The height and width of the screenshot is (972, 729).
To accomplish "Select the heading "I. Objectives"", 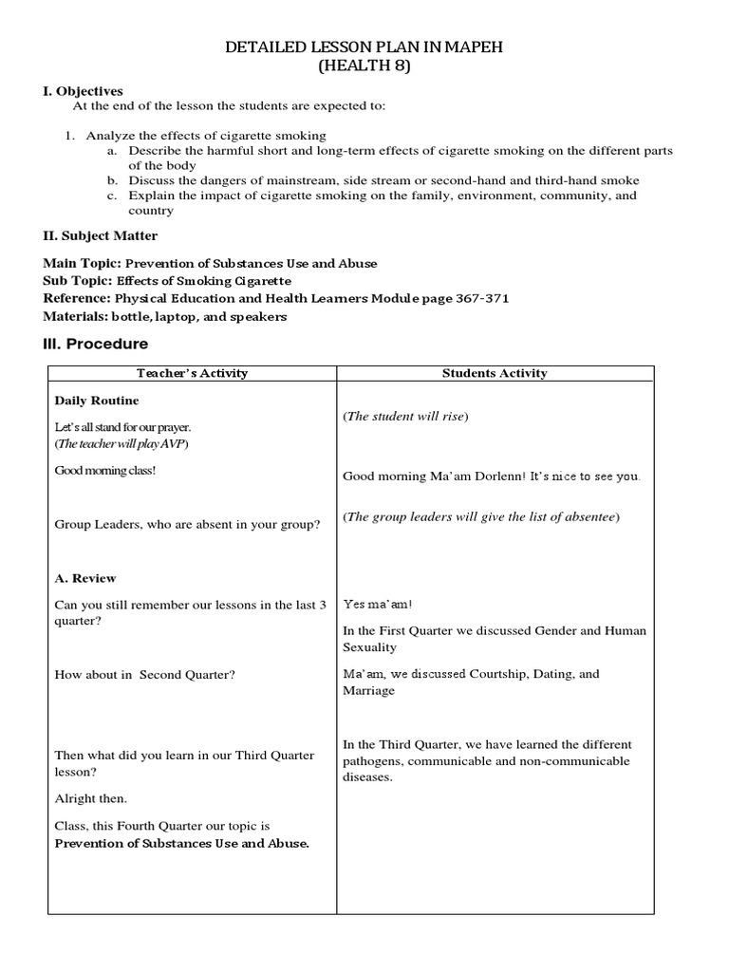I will pos(84,91).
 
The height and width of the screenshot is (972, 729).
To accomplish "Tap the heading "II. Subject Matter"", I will pos(101,235).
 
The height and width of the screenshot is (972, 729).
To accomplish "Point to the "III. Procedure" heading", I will pos(96,344).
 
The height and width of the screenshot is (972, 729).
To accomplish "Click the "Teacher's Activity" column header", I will pos(192,373).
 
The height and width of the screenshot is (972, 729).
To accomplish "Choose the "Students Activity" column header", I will pos(495,373).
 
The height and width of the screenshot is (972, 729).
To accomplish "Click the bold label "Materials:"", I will pos(76,316).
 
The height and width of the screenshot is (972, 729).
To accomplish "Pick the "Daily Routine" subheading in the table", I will pos(97,402).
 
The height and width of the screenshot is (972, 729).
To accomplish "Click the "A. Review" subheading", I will pos(85,578).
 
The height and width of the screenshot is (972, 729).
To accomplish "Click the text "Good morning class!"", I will pos(105,471).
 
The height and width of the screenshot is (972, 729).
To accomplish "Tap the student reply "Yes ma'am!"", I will pos(378,604).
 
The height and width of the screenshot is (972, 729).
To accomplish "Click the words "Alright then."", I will pos(91,798).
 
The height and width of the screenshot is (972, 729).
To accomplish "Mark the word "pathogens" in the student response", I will pos(371,761).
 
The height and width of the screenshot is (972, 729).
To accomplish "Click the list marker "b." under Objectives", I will pos(112,180).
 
